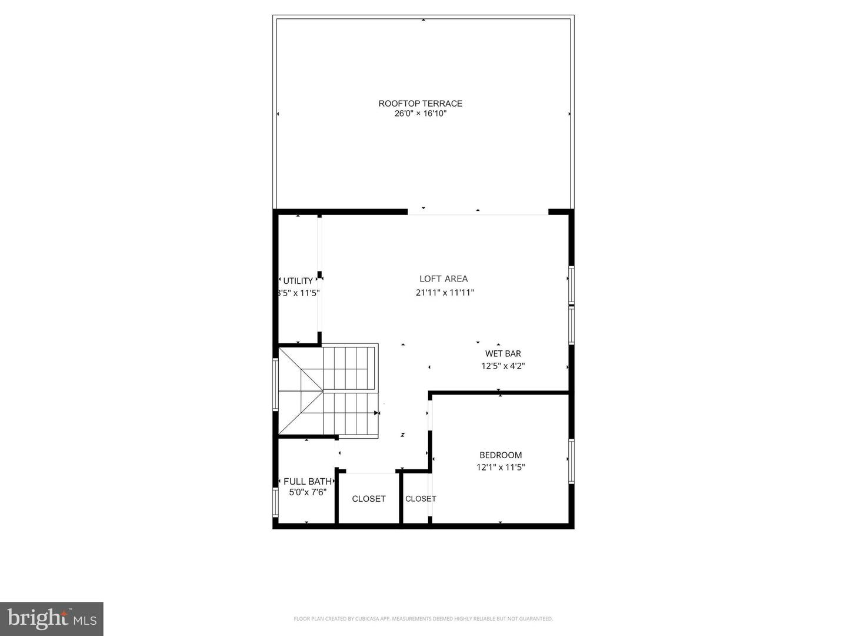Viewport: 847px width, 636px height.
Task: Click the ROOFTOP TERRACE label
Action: tap(420, 104)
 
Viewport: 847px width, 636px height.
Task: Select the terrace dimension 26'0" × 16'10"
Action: tap(420, 114)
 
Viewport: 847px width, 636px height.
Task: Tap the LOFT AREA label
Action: tap(443, 279)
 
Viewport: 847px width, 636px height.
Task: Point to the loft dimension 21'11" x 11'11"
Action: tap(445, 293)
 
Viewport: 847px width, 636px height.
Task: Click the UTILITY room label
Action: tap(298, 281)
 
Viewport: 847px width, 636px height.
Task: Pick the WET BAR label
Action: tap(503, 354)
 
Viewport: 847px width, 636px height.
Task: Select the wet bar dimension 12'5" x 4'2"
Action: tap(503, 366)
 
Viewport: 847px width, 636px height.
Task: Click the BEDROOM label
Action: tap(501, 455)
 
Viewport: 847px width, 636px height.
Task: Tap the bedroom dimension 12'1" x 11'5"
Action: tap(501, 468)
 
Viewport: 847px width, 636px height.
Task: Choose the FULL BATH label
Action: tap(307, 482)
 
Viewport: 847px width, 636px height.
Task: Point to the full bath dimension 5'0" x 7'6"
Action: tap(307, 492)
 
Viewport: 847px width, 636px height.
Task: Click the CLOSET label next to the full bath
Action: tap(369, 499)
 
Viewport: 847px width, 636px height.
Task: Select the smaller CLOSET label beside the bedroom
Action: tap(421, 499)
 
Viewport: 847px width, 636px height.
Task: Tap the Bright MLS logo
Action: tap(52, 618)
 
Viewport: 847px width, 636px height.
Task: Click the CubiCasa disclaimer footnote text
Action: tap(423, 619)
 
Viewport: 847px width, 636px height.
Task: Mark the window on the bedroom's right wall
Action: tap(571, 461)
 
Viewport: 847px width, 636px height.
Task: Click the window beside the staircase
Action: tap(275, 384)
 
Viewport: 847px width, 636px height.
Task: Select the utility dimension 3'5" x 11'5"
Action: tap(298, 293)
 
